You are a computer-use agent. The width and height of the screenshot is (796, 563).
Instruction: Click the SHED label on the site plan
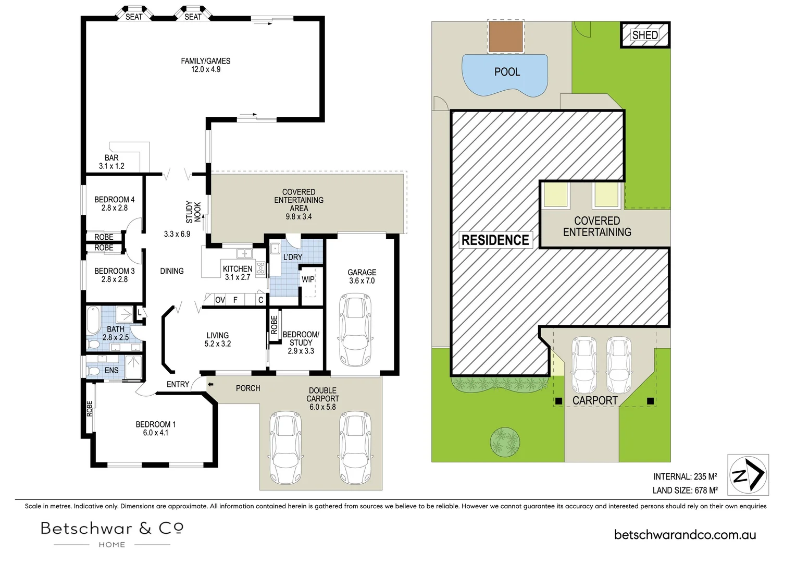[645, 35]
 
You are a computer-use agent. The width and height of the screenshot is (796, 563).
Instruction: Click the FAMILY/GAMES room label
[205, 61]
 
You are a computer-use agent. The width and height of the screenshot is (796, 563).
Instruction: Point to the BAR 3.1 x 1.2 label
[111, 162]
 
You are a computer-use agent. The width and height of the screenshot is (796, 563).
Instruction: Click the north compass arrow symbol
[749, 474]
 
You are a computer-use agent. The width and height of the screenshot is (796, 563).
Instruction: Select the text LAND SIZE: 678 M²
[685, 490]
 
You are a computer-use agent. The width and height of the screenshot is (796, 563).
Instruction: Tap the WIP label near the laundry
[308, 279]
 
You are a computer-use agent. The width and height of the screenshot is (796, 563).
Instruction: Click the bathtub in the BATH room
[93, 320]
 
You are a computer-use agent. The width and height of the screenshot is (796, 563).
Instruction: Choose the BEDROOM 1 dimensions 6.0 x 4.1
[155, 433]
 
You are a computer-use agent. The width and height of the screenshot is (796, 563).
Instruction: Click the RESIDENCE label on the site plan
[495, 240]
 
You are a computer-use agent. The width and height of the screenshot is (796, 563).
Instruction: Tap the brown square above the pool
[505, 36]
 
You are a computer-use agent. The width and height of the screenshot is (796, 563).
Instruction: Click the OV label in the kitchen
[220, 300]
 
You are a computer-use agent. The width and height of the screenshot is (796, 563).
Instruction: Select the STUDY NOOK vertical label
[193, 212]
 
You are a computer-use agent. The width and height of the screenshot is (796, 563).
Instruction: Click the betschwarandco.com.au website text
[685, 534]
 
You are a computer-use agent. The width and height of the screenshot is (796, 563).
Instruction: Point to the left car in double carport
[285, 448]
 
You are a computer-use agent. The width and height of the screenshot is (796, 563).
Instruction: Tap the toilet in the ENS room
[94, 371]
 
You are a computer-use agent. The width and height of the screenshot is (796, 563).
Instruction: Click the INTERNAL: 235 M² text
[685, 476]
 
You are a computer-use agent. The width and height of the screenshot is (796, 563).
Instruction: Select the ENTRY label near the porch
[178, 384]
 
